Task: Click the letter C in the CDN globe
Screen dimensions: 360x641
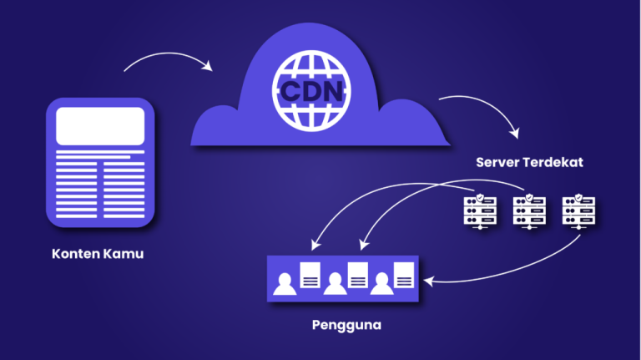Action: [x=288, y=89]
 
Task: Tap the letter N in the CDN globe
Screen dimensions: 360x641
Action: [x=332, y=89]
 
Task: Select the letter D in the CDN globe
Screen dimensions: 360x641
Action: [x=310, y=89]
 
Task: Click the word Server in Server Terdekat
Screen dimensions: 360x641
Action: [x=497, y=161]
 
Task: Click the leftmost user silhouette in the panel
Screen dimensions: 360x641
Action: [x=286, y=284]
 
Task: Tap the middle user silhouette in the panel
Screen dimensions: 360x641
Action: [x=335, y=284]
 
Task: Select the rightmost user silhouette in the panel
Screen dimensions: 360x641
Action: [x=383, y=284]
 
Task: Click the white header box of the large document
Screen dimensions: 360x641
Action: [x=100, y=126]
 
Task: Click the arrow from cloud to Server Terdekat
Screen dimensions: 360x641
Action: [x=484, y=110]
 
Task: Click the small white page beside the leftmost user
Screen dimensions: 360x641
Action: [x=310, y=274]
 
